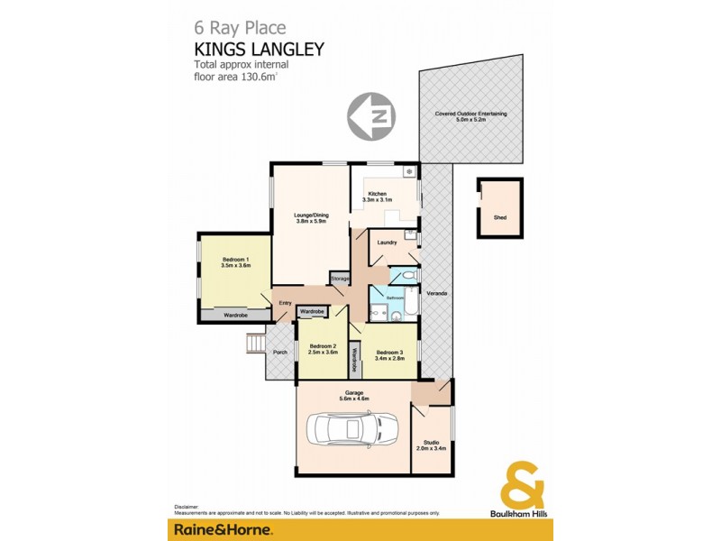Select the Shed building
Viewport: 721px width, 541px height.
500,208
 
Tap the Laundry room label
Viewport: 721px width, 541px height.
387,243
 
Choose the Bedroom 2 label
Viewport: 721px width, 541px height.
323,349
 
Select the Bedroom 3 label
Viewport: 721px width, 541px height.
389,354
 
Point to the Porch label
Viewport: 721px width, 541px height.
280,352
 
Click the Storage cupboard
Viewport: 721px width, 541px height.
339,280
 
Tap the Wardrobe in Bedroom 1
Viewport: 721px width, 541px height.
235,316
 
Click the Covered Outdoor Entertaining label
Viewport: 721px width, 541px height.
470,116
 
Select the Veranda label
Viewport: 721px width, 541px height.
437,295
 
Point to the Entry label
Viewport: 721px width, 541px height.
285,303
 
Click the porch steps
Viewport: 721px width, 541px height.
256,344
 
